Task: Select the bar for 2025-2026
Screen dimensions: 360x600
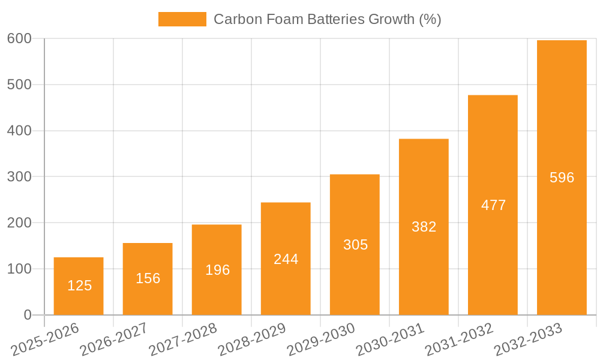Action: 79,286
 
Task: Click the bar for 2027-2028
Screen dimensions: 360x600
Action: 217,269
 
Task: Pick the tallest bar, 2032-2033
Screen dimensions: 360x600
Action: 562,177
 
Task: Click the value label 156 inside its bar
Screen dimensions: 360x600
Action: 148,278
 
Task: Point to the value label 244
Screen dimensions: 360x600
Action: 286,259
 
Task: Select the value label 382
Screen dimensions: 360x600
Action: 424,227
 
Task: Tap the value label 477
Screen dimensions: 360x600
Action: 493,205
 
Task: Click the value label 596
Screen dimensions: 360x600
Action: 562,178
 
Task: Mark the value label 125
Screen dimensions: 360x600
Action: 79,286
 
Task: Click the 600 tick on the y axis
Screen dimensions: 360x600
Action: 19,38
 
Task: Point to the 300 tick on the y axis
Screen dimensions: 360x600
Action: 19,176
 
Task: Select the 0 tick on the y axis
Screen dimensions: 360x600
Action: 28,315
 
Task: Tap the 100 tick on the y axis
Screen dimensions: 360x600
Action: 19,269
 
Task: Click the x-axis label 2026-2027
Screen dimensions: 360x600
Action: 114,340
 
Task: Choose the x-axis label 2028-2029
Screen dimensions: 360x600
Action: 252,340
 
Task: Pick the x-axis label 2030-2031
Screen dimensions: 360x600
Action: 390,340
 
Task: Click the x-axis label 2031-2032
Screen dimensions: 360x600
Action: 459,340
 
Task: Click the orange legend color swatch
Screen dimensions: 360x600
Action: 182,19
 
